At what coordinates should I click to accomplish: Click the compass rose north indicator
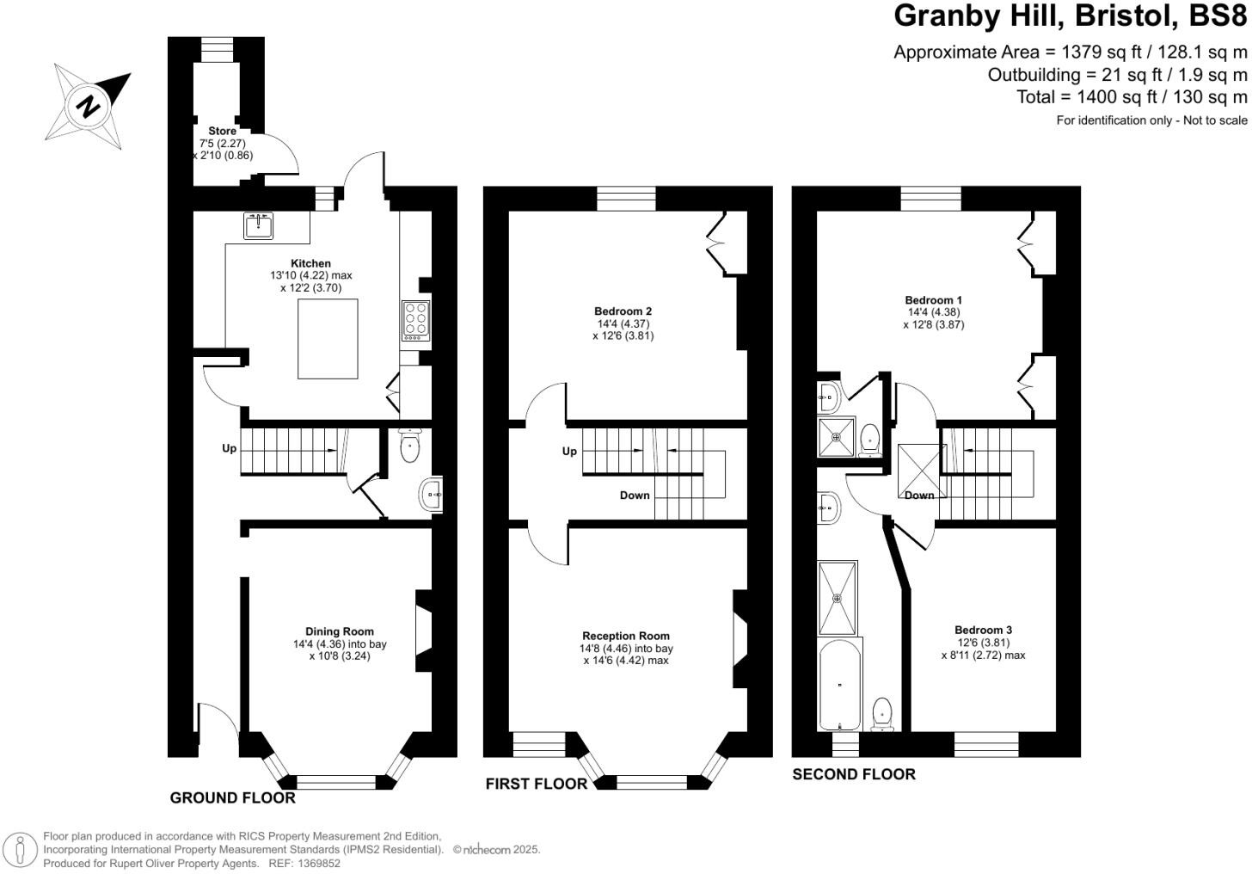89,106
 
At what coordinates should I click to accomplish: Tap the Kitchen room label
310,263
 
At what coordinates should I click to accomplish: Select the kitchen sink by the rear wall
259,225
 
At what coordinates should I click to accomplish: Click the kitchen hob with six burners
415,321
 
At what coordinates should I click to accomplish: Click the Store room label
222,131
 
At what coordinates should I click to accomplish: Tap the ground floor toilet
410,444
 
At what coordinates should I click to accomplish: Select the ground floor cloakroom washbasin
432,494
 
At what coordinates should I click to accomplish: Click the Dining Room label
340,631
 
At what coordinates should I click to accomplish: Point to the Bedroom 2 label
623,311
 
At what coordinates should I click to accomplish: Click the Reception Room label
625,637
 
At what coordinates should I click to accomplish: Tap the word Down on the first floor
635,495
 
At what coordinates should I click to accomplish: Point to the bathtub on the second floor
839,685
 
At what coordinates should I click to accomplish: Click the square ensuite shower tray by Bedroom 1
837,437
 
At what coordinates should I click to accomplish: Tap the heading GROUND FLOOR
232,797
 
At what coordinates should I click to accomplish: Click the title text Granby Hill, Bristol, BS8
1070,15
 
